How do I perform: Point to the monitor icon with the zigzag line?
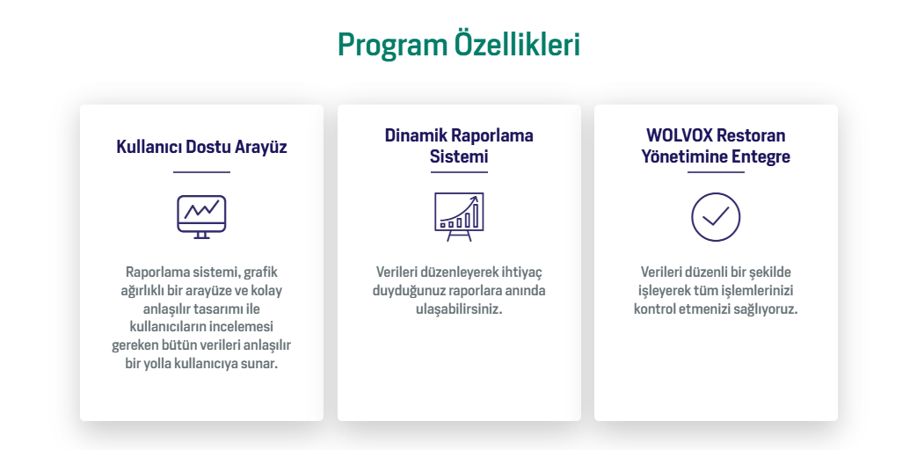[201, 217]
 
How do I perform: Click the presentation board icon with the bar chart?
[459, 217]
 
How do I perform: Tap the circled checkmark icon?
[716, 217]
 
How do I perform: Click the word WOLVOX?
[680, 135]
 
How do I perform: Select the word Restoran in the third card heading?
[752, 135]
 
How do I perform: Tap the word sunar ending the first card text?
[260, 364]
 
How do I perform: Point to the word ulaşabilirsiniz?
[459, 309]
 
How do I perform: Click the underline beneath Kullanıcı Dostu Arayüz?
[201, 172]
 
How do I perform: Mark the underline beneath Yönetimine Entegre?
[716, 172]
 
